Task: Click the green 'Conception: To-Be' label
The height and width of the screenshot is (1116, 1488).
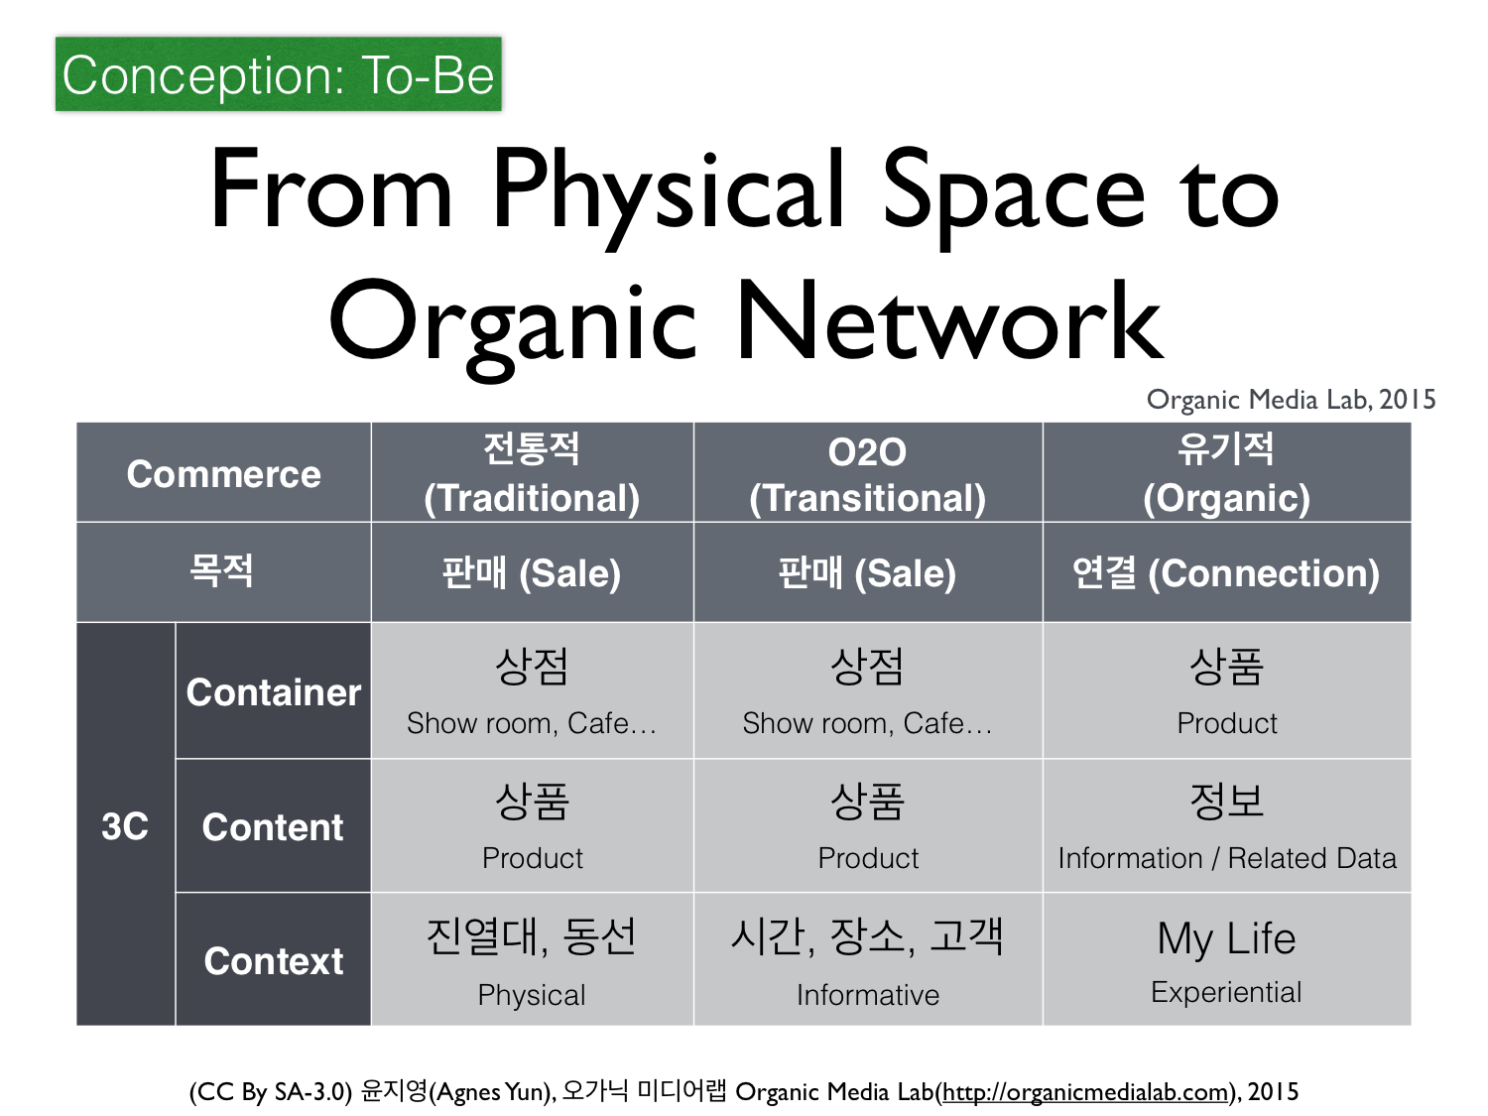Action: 278,73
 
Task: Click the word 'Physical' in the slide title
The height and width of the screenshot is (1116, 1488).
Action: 668,193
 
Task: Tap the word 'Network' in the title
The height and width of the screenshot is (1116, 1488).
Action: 949,320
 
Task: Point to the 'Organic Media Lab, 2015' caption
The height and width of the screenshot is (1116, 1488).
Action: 1291,400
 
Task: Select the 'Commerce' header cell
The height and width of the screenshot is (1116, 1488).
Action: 224,473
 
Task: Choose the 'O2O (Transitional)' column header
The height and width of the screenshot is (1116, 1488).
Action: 867,473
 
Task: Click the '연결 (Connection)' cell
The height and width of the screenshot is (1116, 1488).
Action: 1226,572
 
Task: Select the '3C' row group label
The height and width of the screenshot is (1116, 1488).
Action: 125,826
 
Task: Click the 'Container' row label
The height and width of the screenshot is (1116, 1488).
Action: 273,691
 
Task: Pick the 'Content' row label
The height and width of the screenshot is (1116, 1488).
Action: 273,826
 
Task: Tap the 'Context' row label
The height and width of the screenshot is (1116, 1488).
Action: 273,960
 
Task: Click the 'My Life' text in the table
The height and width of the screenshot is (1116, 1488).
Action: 1226,937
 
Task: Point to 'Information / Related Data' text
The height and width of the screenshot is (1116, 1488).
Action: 1227,858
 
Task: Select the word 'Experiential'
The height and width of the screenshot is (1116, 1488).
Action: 1226,992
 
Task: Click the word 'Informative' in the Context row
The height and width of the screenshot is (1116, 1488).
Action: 868,995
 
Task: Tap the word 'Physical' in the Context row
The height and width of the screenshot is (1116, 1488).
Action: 532,995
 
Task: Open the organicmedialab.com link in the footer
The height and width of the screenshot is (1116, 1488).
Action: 1085,1091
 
